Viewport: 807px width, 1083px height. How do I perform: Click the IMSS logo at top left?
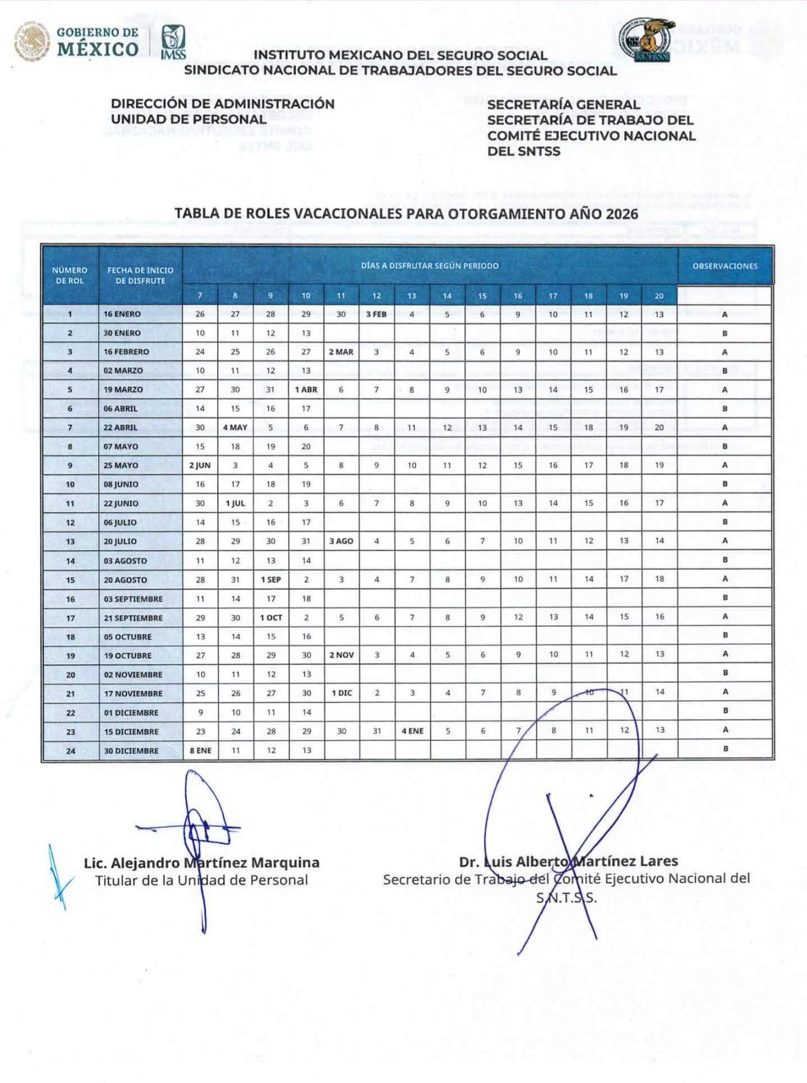173,41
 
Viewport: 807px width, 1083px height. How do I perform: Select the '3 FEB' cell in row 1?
376,314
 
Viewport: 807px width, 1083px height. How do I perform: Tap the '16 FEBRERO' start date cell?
126,352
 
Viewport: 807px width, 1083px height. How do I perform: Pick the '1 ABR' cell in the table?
306,390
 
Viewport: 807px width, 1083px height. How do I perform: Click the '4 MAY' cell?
235,428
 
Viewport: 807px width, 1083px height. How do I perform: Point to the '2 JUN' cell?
200,465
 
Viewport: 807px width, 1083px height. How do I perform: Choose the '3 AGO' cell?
341,541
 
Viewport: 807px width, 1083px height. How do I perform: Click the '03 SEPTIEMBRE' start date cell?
133,599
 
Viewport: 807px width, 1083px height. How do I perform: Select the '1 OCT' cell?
271,618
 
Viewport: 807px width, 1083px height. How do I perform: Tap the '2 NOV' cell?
342,655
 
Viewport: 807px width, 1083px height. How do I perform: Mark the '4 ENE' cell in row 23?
412,731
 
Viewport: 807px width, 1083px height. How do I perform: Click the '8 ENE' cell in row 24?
200,751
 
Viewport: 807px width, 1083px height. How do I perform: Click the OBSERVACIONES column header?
725,266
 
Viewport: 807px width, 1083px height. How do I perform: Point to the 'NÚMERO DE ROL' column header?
70,275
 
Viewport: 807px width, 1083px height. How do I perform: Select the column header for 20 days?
659,296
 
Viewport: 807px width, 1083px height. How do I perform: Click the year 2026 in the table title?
621,214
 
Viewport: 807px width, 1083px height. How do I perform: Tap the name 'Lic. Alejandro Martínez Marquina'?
201,863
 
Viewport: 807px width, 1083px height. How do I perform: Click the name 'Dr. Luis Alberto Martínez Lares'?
568,862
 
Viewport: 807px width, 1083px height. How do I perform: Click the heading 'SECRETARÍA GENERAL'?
563,105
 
